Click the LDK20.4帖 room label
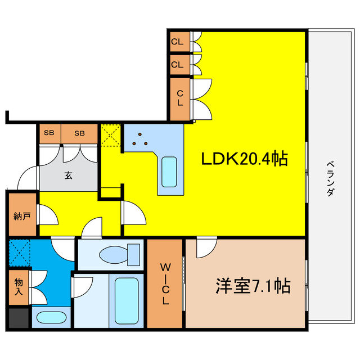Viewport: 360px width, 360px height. (x=245, y=160)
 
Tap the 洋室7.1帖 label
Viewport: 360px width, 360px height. (x=252, y=287)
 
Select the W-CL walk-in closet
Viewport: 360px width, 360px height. (x=165, y=283)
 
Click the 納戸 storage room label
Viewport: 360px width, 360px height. (x=21, y=216)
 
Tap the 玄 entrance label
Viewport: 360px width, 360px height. (x=67, y=175)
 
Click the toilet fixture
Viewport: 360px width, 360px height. (x=119, y=254)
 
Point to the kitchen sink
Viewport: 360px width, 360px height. (x=169, y=172)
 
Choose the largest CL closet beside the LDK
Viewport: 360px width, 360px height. (x=180, y=99)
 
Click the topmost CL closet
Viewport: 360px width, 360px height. (x=178, y=41)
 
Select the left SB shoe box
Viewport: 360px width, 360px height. (x=49, y=133)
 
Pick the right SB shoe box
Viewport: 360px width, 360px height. (x=79, y=133)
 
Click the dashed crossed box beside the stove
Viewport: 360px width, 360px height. (x=110, y=136)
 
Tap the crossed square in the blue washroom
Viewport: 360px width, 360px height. (x=20, y=253)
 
